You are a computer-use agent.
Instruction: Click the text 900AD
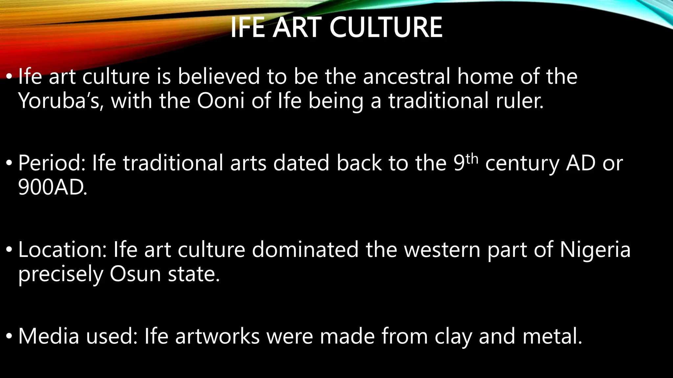pos(53,188)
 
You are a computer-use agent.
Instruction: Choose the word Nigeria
pos(595,250)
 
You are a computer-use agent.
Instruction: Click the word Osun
pos(135,274)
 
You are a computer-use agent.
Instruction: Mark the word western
pos(442,250)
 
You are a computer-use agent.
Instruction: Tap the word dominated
pos(305,250)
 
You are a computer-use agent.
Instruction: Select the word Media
pos(49,336)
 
